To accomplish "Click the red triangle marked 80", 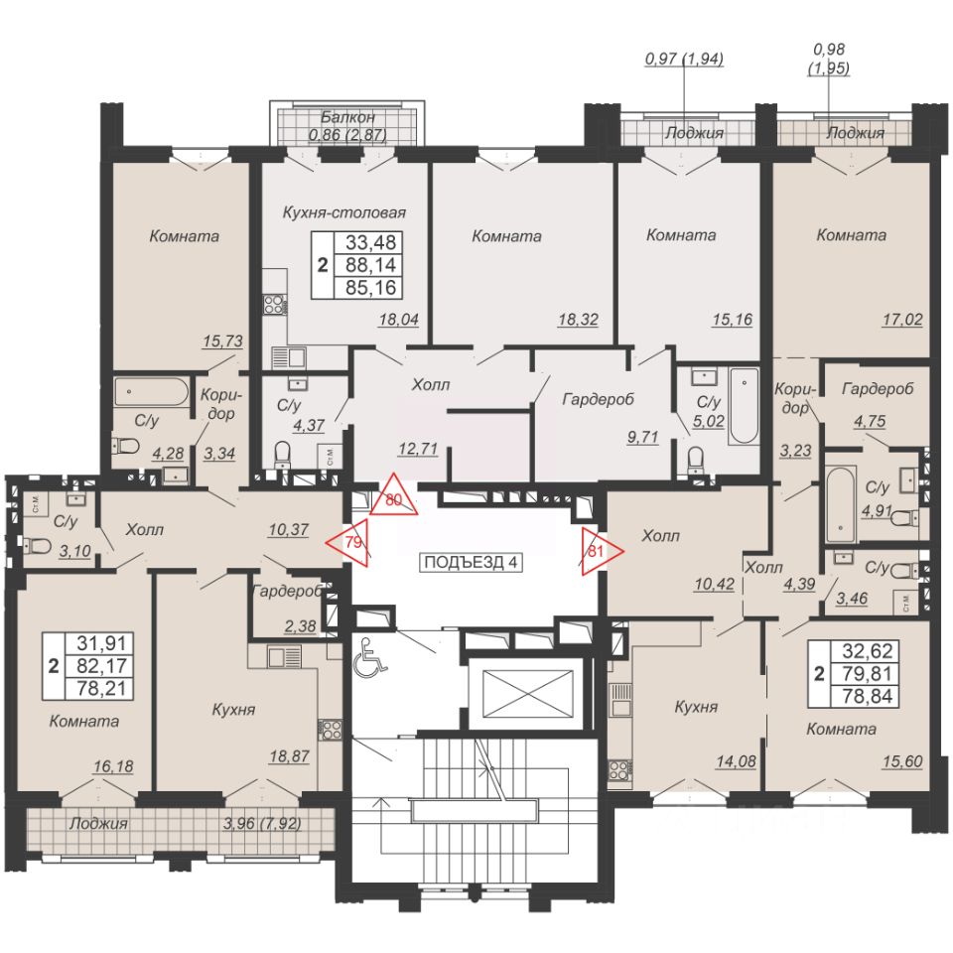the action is tap(394, 496).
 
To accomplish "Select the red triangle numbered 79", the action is tap(350, 542).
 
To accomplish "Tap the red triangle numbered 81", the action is tap(600, 551).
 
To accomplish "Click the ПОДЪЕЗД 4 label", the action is tap(471, 562).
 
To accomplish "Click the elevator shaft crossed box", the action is tap(527, 693).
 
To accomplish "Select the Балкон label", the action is tap(347, 117).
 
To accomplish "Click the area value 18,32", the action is tap(578, 319).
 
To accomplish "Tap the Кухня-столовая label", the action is tap(344, 212).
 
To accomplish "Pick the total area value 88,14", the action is tap(370, 264).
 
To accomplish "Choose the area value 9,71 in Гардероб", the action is tap(642, 437).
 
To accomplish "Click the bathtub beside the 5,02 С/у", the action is tap(744, 405).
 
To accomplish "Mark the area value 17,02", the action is tap(902, 319).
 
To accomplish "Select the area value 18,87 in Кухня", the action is tap(289, 756).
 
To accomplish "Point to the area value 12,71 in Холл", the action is tap(418, 449).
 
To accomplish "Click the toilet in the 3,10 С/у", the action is tap(36, 545).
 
